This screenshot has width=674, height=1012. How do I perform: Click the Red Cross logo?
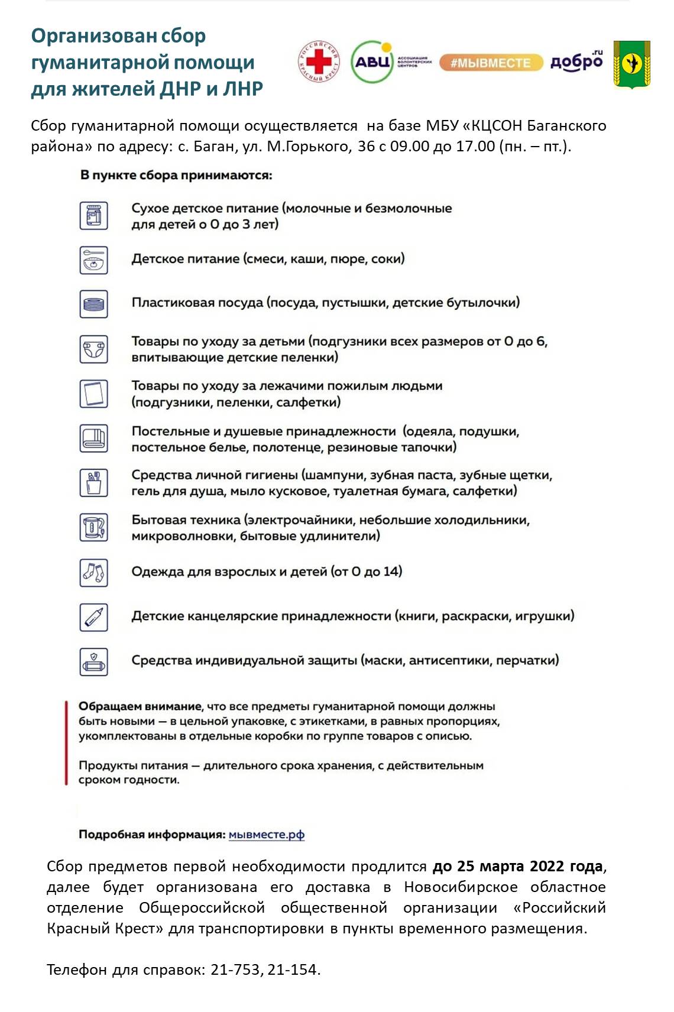[x=319, y=62]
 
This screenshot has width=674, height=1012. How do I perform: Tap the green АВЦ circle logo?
[x=372, y=61]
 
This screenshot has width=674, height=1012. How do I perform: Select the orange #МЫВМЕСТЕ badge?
[x=490, y=63]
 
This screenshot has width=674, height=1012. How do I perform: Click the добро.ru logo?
[x=576, y=61]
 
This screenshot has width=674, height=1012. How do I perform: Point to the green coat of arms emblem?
[x=631, y=64]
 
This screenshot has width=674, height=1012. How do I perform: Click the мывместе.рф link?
[x=266, y=835]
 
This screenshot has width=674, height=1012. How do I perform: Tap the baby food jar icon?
[x=94, y=216]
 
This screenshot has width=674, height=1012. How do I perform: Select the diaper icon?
[x=94, y=349]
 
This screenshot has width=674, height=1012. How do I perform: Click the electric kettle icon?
[x=94, y=527]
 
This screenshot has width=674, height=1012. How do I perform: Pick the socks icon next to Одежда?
[x=94, y=572]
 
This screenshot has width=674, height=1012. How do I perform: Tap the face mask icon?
[x=94, y=661]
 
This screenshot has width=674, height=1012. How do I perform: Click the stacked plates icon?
[x=94, y=304]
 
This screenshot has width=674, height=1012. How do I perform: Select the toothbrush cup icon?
[x=94, y=482]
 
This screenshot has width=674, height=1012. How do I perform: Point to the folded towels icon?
[x=94, y=439]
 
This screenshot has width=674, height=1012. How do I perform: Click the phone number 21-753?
[x=235, y=969]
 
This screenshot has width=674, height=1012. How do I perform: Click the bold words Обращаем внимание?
[x=140, y=706]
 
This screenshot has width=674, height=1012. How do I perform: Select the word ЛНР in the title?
[x=242, y=88]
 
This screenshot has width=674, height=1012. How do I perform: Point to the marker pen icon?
[x=94, y=617]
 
